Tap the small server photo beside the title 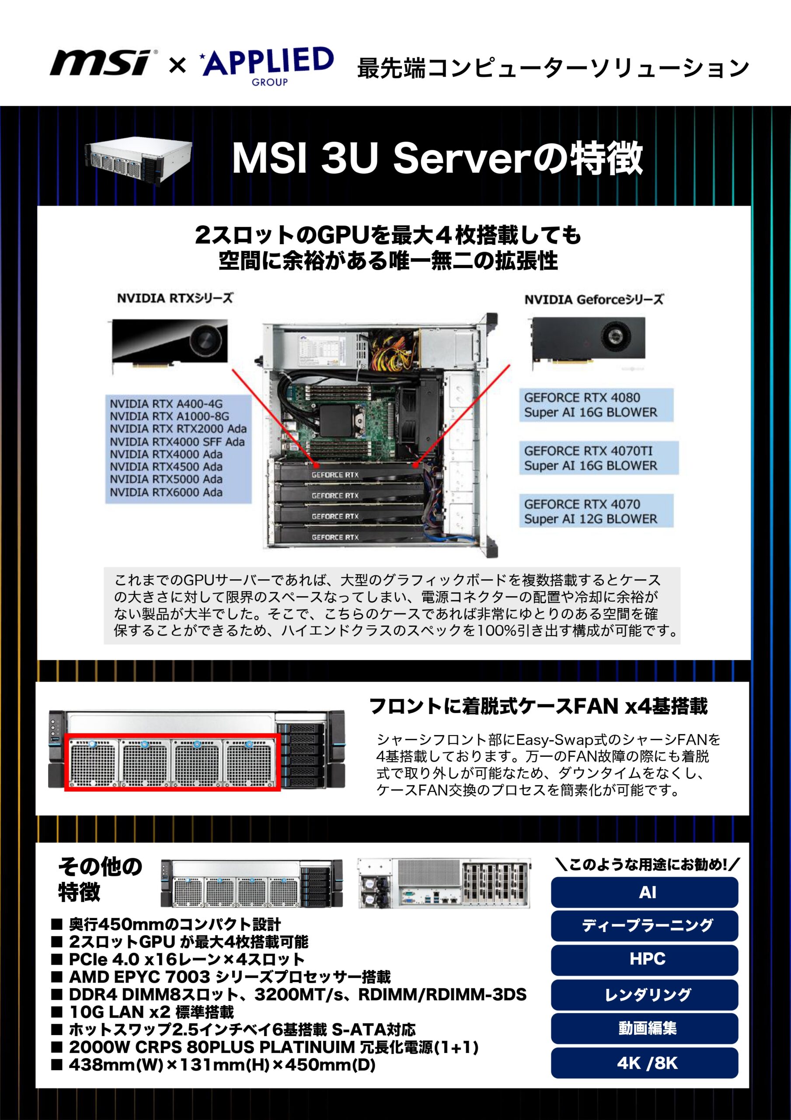click(139, 160)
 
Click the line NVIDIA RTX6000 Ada click(166, 492)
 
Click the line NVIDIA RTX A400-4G click(166, 404)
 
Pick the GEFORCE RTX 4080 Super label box click(596, 405)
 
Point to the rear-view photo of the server click(444, 883)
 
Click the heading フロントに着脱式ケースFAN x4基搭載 click(538, 706)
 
